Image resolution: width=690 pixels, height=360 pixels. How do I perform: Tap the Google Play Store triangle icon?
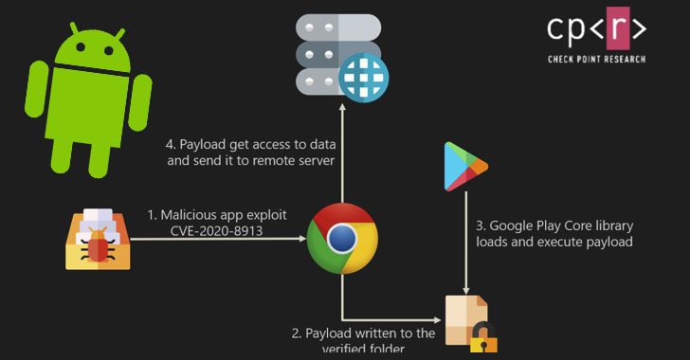[x=464, y=169]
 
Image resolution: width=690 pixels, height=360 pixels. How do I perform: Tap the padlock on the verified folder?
[x=484, y=338]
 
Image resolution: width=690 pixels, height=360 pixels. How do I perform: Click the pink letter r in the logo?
[x=595, y=28]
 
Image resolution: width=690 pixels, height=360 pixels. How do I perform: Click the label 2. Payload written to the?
[x=362, y=333]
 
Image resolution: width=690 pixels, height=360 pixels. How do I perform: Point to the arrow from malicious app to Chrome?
[x=218, y=240]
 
